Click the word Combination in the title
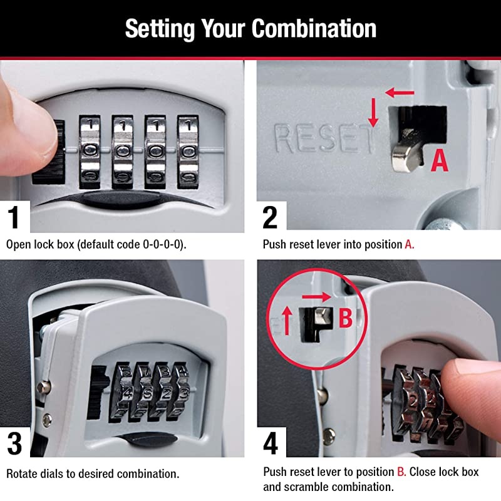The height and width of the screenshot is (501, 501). (314, 29)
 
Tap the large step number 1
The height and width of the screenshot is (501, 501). (13, 217)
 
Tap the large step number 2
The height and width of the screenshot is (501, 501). (270, 217)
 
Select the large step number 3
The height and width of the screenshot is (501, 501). (14, 443)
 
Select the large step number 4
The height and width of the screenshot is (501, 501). (271, 443)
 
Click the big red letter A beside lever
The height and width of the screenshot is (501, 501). (441, 160)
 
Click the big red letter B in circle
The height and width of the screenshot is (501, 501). (346, 318)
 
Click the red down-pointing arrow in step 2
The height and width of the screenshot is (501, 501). (373, 113)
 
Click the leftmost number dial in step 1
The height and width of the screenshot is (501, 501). (90, 150)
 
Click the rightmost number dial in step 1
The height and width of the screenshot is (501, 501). (187, 150)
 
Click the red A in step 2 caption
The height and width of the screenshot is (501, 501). (409, 244)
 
